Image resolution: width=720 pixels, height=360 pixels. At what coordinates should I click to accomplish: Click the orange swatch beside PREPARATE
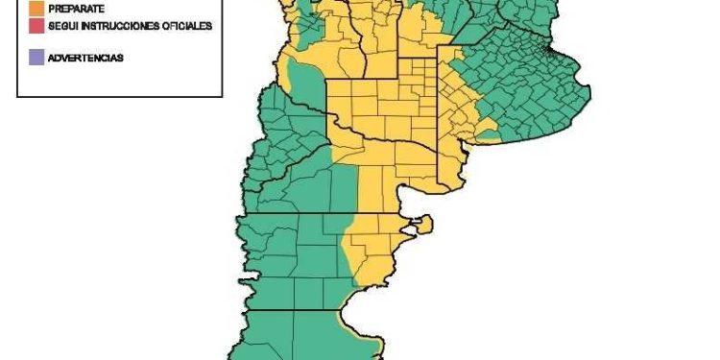click(x=36, y=8)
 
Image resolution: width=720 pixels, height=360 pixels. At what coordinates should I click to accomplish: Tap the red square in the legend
click(x=36, y=26)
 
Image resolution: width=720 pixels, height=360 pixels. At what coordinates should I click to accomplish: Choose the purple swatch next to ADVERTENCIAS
click(x=36, y=58)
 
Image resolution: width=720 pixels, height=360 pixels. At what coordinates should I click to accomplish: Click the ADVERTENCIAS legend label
click(x=85, y=59)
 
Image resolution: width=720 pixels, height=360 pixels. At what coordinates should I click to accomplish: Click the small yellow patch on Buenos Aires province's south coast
click(x=489, y=133)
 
